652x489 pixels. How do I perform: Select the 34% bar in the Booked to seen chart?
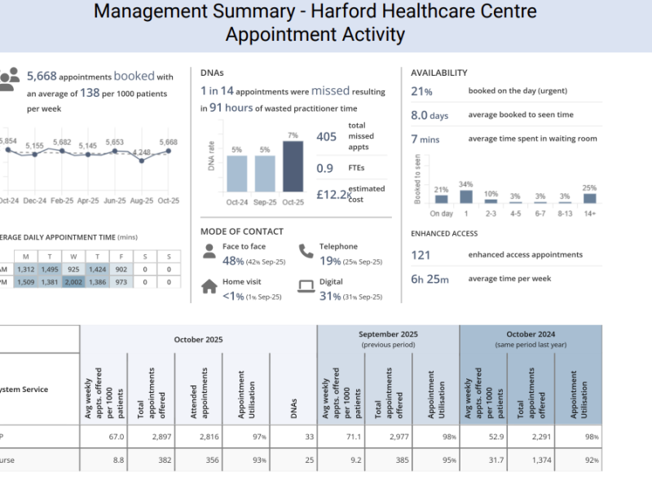(x=466, y=196)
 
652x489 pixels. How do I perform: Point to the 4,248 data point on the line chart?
(x=143, y=161)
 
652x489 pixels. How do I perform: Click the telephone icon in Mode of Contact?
(x=305, y=250)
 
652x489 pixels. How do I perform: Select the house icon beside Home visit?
(x=209, y=285)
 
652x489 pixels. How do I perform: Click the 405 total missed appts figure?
(x=326, y=138)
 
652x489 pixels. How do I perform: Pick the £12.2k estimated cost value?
(x=333, y=194)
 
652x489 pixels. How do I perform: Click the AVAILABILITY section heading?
(x=438, y=73)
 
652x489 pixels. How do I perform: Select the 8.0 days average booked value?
(x=430, y=116)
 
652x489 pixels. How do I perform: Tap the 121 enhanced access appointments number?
(x=421, y=255)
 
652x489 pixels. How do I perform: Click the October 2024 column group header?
(x=530, y=335)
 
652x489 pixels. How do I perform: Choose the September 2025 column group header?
(x=388, y=335)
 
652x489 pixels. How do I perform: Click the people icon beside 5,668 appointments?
(x=9, y=77)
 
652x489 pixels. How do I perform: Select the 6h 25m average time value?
(x=430, y=279)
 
